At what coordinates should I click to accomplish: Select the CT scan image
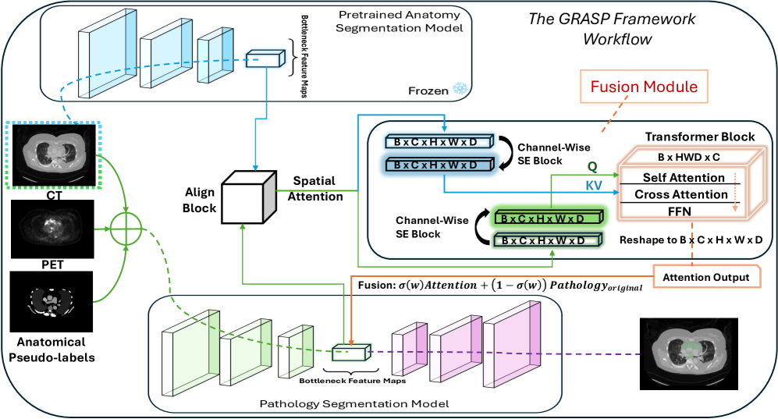pyautogui.click(x=52, y=153)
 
